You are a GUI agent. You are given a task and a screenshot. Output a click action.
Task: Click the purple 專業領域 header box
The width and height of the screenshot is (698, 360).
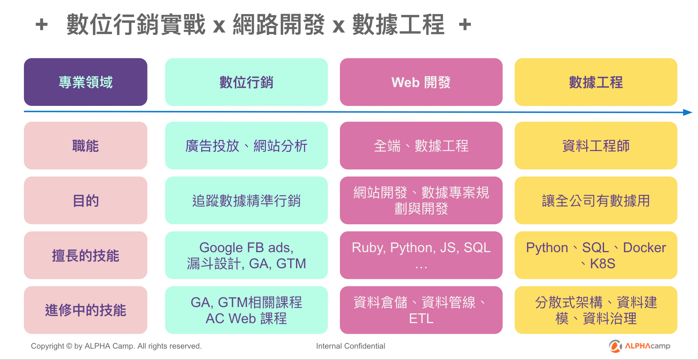(x=85, y=82)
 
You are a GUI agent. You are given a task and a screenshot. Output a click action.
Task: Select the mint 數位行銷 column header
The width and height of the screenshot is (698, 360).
(x=246, y=82)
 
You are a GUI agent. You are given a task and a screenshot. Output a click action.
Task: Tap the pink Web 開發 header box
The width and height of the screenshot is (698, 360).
(x=421, y=82)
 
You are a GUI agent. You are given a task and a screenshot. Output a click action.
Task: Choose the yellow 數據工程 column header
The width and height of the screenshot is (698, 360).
(x=596, y=82)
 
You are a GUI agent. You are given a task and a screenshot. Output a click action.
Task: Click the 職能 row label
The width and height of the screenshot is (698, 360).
(x=85, y=145)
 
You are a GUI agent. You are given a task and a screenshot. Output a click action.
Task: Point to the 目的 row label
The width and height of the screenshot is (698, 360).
(x=85, y=200)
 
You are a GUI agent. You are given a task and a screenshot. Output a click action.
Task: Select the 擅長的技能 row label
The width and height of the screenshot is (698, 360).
(x=85, y=255)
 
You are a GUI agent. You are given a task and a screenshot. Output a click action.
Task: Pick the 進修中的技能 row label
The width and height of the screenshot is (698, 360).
(x=85, y=310)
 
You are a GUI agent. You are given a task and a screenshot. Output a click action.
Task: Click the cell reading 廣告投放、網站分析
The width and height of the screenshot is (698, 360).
(x=246, y=145)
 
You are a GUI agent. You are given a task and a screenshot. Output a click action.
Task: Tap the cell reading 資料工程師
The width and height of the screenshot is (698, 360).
(x=596, y=145)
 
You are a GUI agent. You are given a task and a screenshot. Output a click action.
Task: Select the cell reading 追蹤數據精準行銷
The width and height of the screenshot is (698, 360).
(x=246, y=200)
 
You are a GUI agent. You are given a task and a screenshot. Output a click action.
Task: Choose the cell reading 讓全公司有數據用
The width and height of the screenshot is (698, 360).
(x=596, y=200)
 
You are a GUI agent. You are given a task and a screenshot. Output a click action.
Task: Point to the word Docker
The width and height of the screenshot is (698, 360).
(x=644, y=248)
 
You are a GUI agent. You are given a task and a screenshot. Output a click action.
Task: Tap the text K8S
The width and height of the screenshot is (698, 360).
(x=602, y=264)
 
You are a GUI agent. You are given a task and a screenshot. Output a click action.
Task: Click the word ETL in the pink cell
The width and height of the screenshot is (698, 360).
(x=421, y=319)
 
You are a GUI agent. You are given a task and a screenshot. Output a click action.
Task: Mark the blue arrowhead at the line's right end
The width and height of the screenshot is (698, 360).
(x=688, y=113)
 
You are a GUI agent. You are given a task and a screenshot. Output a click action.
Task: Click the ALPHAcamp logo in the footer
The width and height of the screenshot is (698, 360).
(x=640, y=346)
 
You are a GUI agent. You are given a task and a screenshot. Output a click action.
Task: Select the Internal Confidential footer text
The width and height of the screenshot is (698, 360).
(x=351, y=346)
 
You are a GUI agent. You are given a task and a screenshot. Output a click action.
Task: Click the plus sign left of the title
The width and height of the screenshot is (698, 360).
(x=42, y=25)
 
